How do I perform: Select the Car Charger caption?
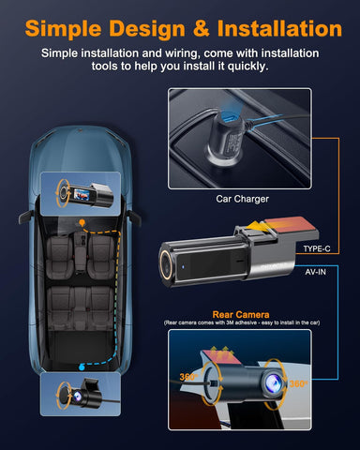click(x=241, y=200)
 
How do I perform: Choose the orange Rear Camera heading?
click(x=241, y=315)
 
